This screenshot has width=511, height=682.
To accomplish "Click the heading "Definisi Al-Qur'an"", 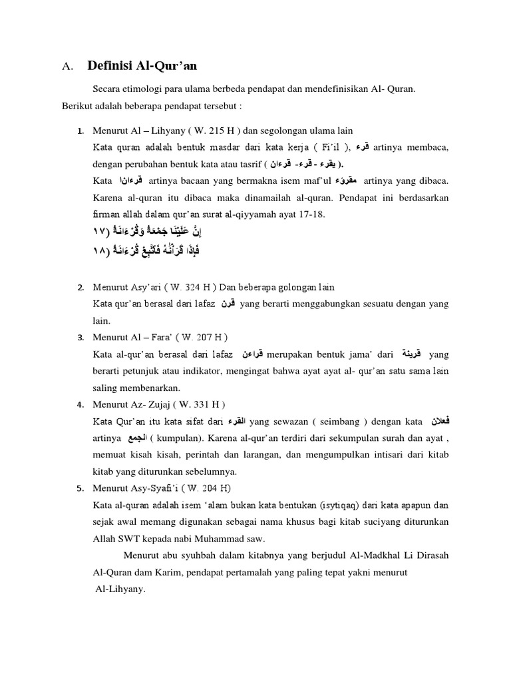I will [142, 65].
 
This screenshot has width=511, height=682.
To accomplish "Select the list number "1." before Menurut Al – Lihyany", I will [80, 131].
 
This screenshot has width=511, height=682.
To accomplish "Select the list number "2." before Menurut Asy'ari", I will [80, 287].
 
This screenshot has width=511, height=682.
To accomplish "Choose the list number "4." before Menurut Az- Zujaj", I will [80, 404].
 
